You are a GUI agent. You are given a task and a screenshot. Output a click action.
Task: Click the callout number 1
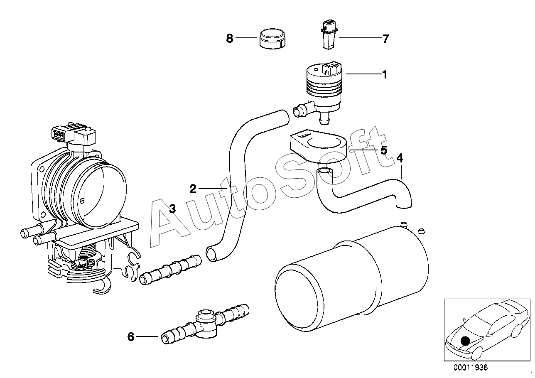pyautogui.click(x=385, y=75)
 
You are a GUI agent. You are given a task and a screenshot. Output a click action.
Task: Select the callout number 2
pyautogui.click(x=192, y=189)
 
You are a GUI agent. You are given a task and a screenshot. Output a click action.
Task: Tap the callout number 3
pyautogui.click(x=172, y=209)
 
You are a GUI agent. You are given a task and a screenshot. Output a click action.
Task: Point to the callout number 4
pyautogui.click(x=400, y=158)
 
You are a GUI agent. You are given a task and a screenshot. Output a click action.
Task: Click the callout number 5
pyautogui.click(x=384, y=150)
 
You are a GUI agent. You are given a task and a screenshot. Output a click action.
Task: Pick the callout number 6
pyautogui.click(x=131, y=337)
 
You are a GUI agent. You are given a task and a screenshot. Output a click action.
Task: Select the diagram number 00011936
pyautogui.click(x=470, y=367)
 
